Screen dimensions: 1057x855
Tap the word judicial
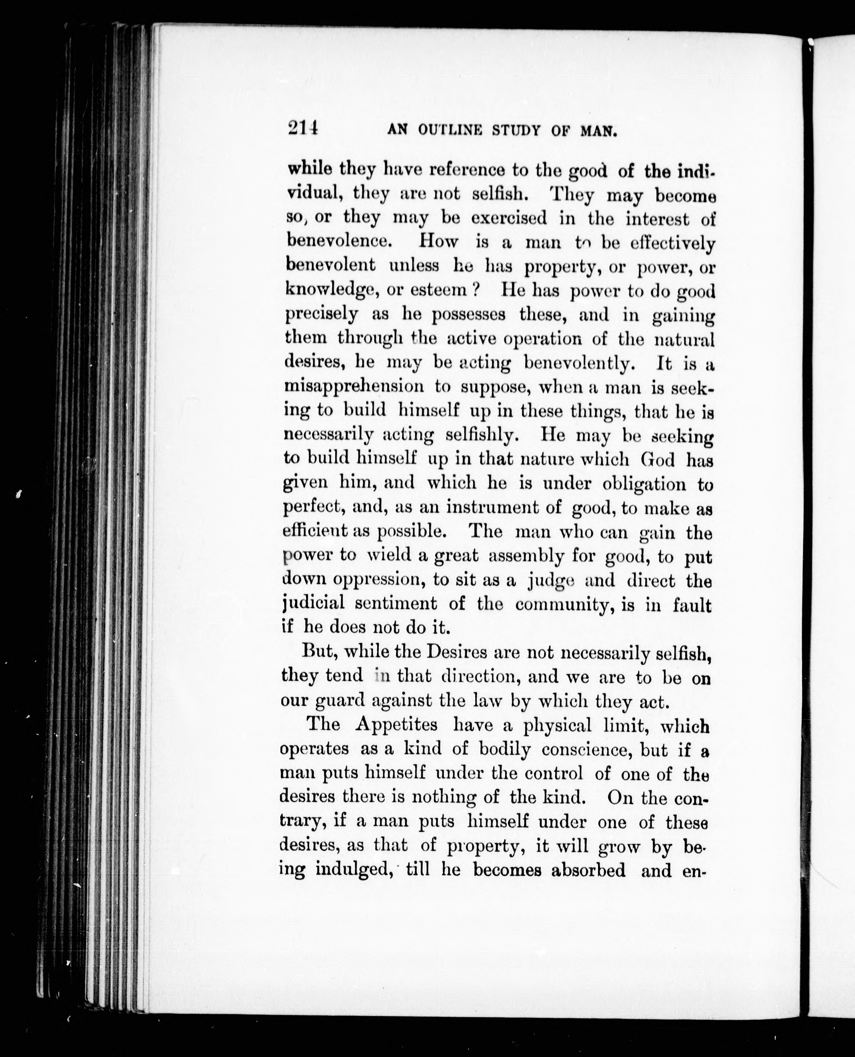pos(313,604)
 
